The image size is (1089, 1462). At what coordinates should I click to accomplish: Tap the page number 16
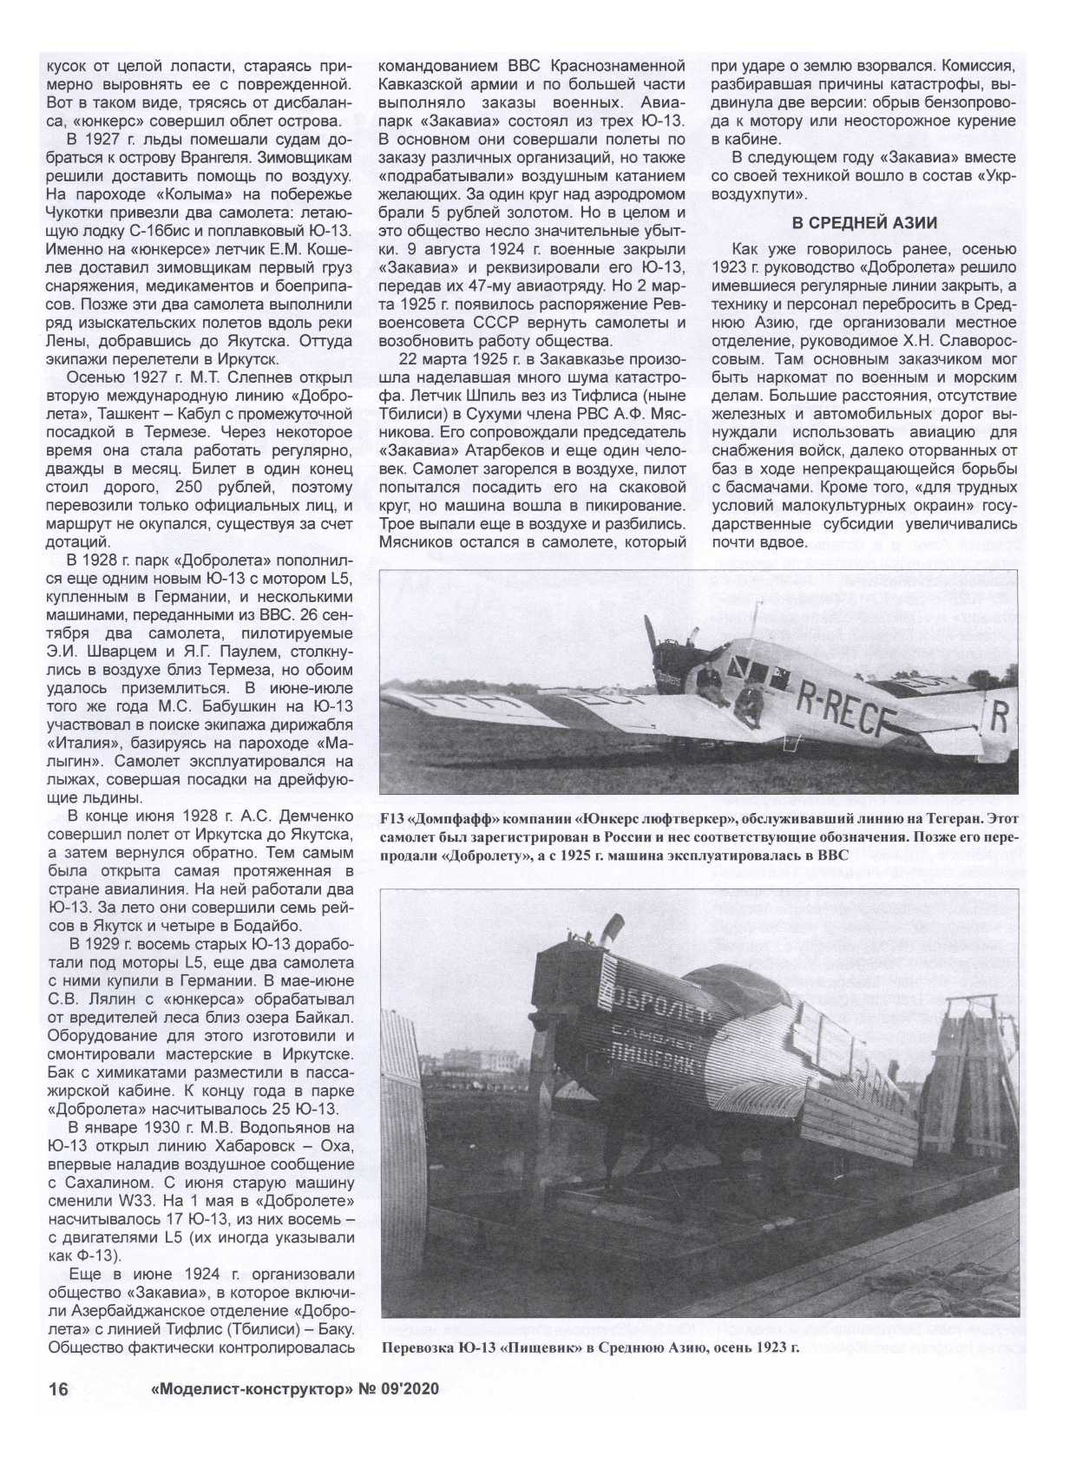(x=58, y=1389)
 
